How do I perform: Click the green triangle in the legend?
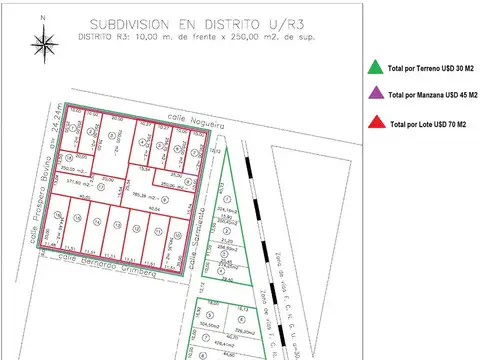point(373,68)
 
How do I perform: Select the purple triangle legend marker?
point(373,96)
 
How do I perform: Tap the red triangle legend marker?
point(373,124)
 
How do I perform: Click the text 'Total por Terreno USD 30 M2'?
point(432,69)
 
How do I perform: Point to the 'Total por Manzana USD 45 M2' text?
point(433,97)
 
